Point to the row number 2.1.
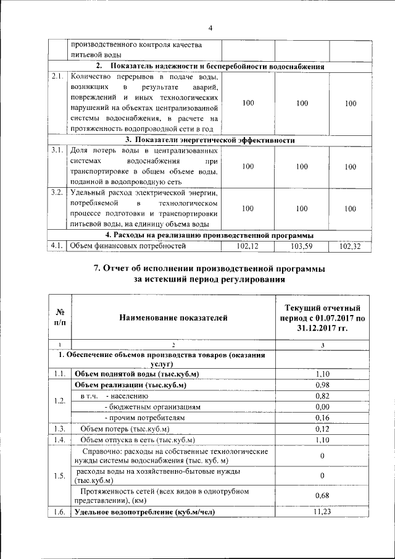point(58,77)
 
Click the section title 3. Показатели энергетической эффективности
point(210,140)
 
